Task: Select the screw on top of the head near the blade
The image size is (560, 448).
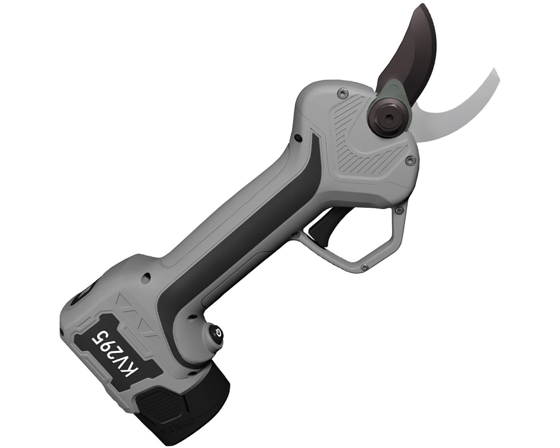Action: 342,93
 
